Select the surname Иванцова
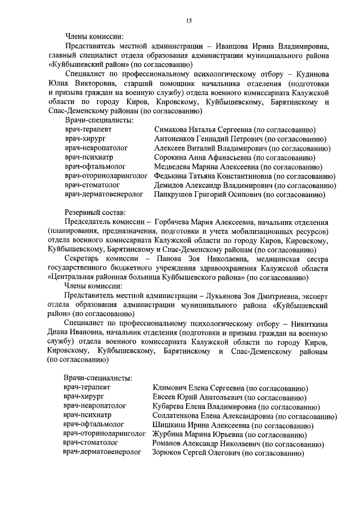click(x=249, y=46)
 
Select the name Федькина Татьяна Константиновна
click(x=213, y=176)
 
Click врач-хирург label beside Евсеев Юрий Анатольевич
click(x=84, y=397)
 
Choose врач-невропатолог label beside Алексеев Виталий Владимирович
click(x=96, y=148)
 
